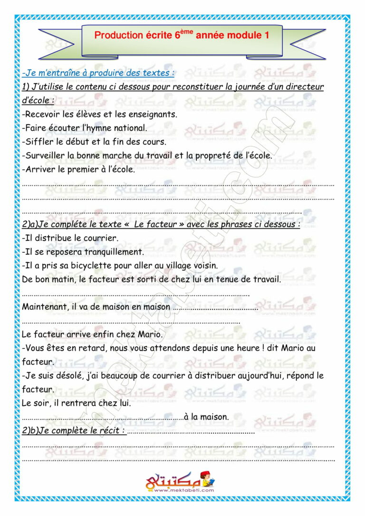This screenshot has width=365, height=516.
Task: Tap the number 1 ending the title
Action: coord(266,36)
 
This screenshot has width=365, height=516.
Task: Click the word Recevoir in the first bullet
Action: coord(41,114)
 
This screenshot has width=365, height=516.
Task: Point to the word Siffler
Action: coord(38,142)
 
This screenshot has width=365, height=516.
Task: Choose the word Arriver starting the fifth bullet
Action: coord(39,169)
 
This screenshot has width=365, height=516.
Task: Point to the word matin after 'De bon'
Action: coord(61,279)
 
